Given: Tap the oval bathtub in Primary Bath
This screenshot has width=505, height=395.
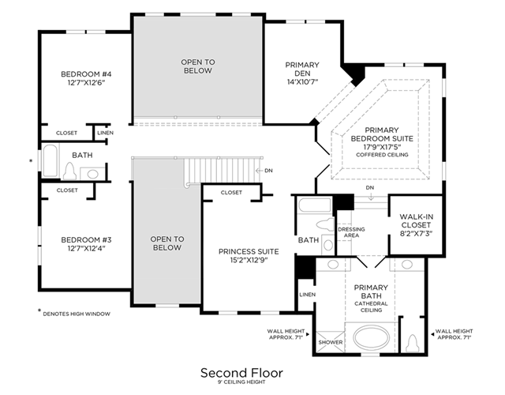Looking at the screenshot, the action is click(x=371, y=337).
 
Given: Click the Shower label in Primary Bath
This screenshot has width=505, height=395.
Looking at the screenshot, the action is click(x=331, y=342).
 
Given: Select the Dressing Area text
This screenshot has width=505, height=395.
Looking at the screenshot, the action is click(x=351, y=232).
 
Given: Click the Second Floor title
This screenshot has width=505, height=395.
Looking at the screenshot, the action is click(x=241, y=373).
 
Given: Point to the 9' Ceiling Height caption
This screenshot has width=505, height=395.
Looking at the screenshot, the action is click(x=241, y=382).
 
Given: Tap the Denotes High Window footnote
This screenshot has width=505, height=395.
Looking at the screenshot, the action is click(x=77, y=314).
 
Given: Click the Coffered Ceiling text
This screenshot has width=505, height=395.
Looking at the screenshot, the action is click(x=382, y=155).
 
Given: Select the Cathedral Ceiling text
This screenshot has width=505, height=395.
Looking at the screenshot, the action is click(x=371, y=307).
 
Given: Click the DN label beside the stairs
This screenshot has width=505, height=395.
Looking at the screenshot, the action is click(x=268, y=171).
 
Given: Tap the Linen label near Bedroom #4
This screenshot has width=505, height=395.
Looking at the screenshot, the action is click(x=105, y=133).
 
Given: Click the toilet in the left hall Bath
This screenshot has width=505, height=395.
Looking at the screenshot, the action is click(x=69, y=171).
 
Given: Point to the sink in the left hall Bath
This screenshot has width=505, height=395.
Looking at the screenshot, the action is click(x=93, y=174).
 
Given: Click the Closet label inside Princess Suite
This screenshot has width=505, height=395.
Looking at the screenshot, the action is click(x=231, y=193).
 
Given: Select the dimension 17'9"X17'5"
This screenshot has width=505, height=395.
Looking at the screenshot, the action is click(x=382, y=147).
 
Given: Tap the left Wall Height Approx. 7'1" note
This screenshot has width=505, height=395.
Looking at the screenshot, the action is click(x=286, y=334).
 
